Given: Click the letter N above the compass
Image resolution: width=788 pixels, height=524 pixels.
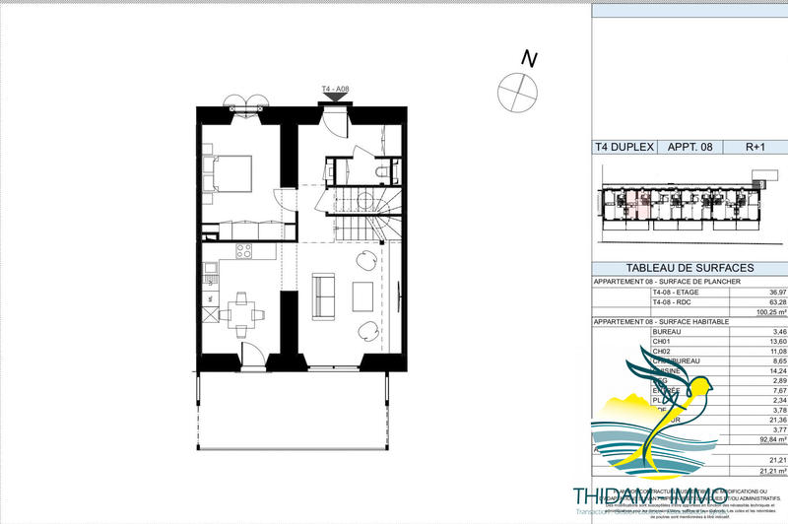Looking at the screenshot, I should coord(529,59).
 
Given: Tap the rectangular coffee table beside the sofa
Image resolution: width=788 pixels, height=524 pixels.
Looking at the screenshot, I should coord(362,296).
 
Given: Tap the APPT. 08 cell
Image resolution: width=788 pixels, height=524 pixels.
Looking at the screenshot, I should coord(691,147).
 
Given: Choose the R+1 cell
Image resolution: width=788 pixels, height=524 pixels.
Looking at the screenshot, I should coord(755,147).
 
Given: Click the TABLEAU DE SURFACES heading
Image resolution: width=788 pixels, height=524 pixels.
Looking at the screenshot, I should coord(689,268).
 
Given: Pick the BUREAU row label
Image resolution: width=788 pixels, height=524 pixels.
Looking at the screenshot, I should coord(667,332).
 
